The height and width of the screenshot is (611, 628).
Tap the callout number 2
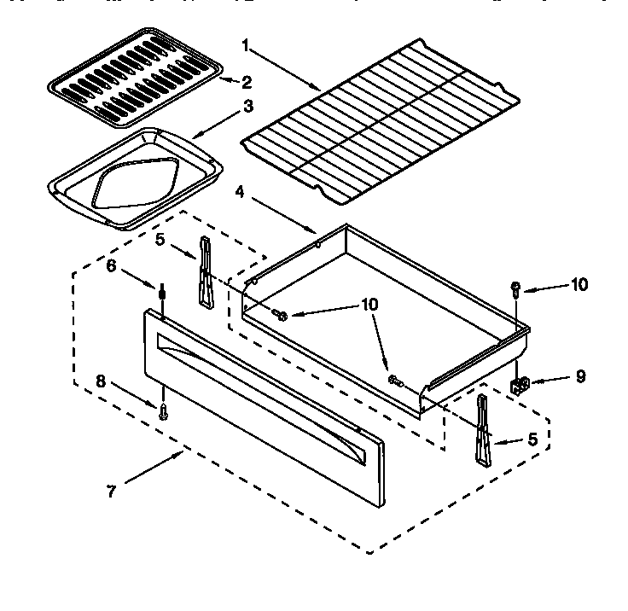[246, 83]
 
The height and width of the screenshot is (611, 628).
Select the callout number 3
[247, 107]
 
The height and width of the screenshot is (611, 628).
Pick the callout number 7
[112, 492]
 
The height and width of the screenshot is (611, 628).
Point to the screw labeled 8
[162, 411]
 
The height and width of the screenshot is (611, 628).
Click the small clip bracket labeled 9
[520, 386]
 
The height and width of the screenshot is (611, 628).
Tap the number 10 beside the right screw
[579, 285]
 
